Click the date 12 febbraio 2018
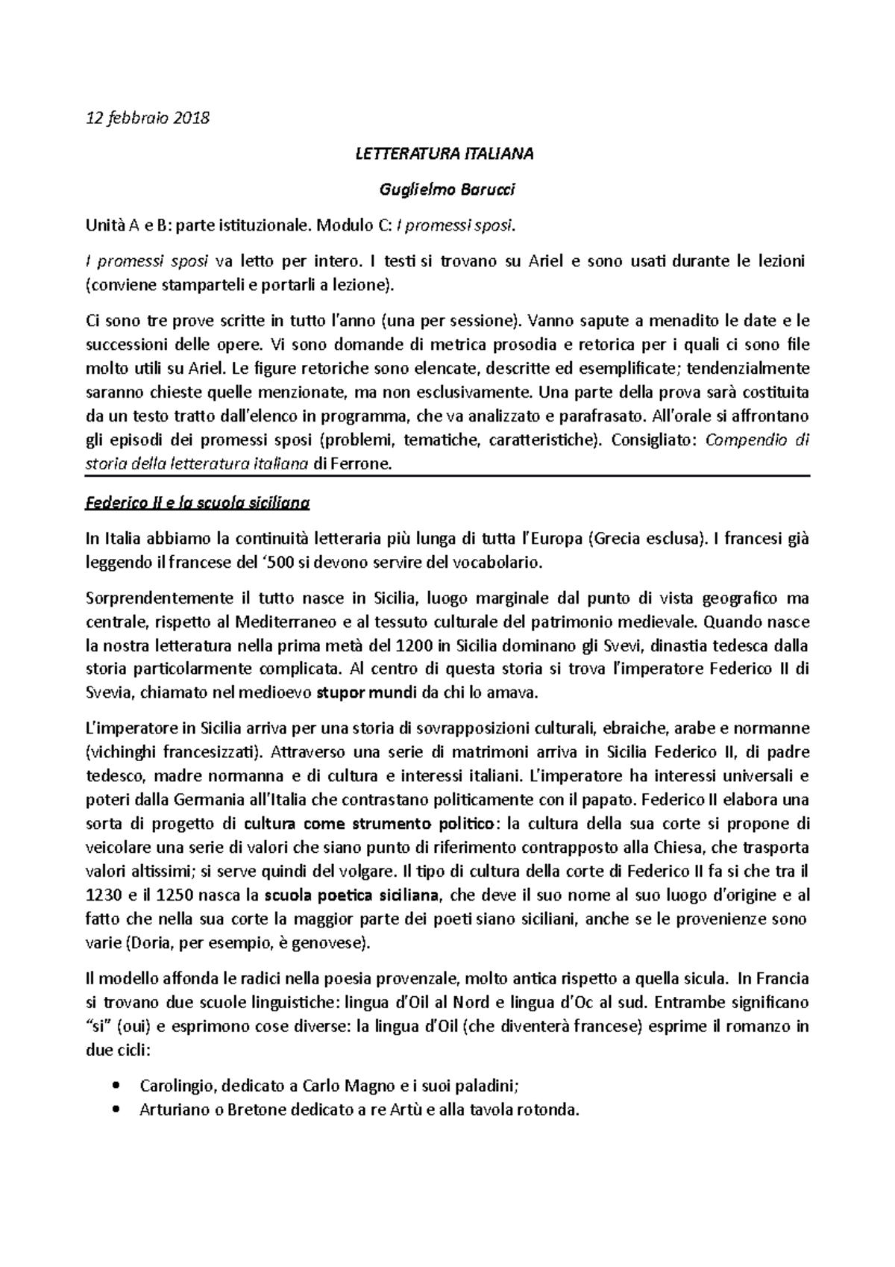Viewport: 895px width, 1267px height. coord(148,118)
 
